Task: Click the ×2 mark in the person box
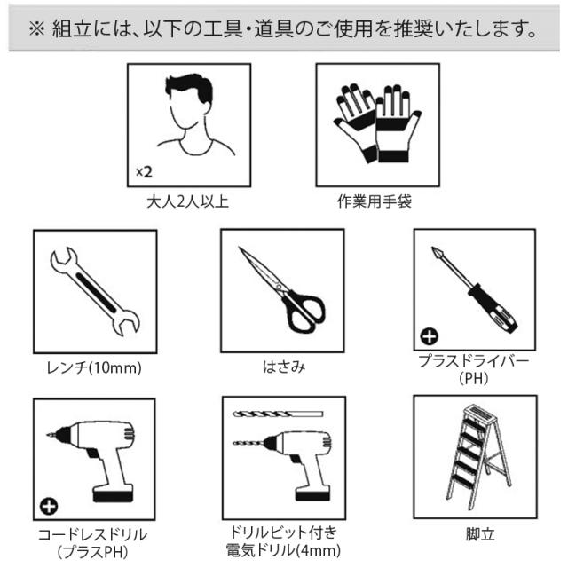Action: (x=144, y=172)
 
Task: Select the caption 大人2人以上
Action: (x=187, y=201)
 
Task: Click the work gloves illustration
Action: (x=377, y=123)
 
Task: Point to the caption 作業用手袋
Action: (x=375, y=201)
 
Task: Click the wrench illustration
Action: (x=95, y=291)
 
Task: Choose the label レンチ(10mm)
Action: (x=94, y=367)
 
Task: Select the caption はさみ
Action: (x=284, y=367)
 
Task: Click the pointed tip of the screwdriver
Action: (x=433, y=248)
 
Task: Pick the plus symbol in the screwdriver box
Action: (x=430, y=336)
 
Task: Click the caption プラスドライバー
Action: (x=474, y=361)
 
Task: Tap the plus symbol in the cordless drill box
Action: (x=49, y=506)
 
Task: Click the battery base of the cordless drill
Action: (x=113, y=494)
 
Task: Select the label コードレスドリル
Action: (x=92, y=534)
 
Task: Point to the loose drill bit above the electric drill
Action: (x=278, y=414)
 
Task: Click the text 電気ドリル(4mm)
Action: (x=283, y=550)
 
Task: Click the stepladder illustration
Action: (x=478, y=456)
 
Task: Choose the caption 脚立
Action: (x=480, y=534)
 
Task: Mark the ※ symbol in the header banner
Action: (x=36, y=28)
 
